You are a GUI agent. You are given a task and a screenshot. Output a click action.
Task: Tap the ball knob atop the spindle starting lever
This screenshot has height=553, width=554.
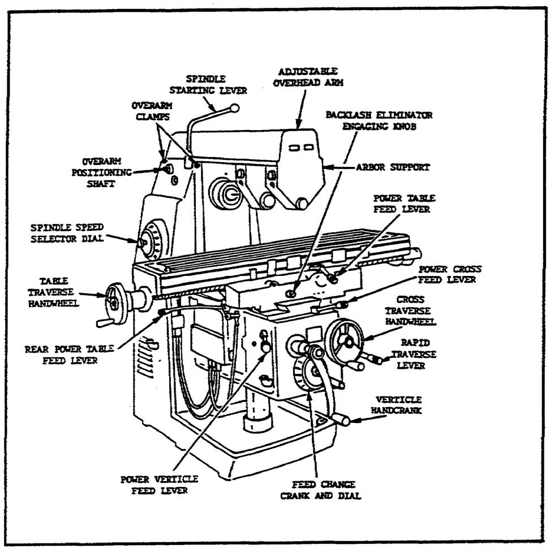point(235,107)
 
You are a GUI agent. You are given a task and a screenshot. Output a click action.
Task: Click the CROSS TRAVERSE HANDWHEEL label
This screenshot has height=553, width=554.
point(407,310)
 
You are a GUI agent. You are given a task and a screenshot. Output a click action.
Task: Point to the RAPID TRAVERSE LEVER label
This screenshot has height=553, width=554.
point(418,355)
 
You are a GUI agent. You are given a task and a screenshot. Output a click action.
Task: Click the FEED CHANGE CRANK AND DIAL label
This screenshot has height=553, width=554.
point(325,490)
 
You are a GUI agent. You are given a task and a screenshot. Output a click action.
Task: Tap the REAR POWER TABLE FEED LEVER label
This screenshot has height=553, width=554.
point(69,355)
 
